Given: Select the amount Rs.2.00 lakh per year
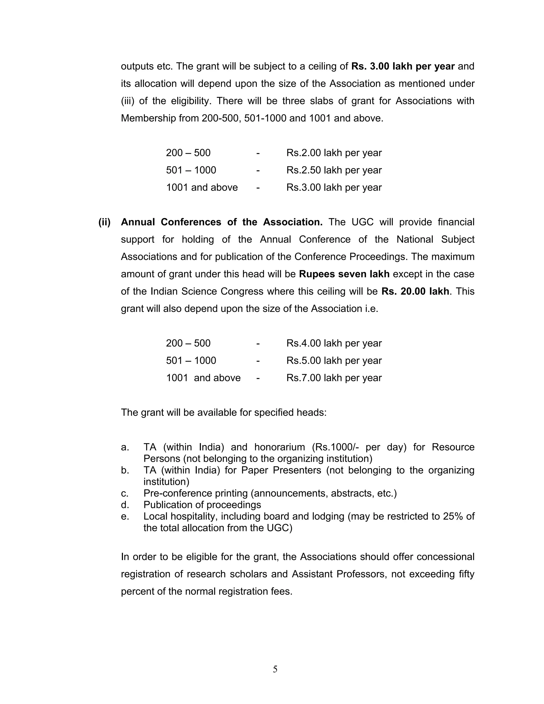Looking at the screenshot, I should [x=334, y=153].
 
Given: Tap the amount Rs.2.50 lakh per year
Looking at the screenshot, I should [x=334, y=170].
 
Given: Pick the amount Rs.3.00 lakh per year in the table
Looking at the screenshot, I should [x=334, y=188].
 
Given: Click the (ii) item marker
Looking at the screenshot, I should [x=104, y=222].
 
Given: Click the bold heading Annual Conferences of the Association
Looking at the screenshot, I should [x=222, y=222].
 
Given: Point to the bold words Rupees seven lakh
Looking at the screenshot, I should [x=344, y=274].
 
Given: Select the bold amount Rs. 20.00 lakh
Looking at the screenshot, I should [x=415, y=291].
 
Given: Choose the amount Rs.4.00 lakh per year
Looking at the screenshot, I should [x=334, y=343].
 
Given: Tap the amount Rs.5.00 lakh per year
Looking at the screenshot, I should [x=334, y=361].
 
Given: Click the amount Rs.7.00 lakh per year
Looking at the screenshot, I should [x=334, y=378].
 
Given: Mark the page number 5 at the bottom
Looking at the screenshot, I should [x=275, y=669].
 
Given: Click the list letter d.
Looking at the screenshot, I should [x=125, y=505].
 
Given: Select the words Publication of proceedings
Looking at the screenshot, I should [x=202, y=505].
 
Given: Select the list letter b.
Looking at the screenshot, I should [x=125, y=470].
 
